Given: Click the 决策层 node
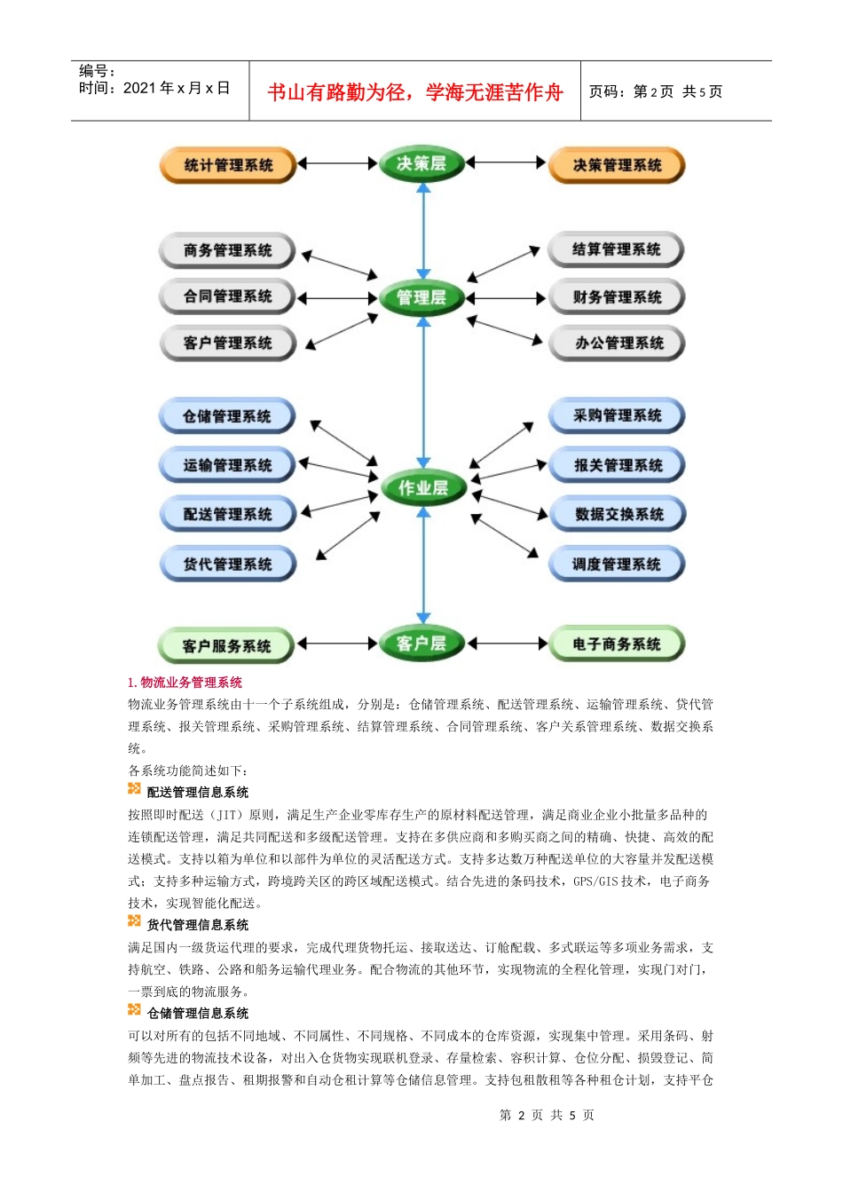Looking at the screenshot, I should pyautogui.click(x=421, y=163).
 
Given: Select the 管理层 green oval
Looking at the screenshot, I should pyautogui.click(x=421, y=297).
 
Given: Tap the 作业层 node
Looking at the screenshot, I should pyautogui.click(x=423, y=487).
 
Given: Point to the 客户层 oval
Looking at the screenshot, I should pyautogui.click(x=421, y=644).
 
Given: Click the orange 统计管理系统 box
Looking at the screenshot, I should pyautogui.click(x=228, y=165).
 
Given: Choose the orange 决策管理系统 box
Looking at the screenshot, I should pyautogui.click(x=617, y=165).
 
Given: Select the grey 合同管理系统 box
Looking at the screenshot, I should pyautogui.click(x=227, y=296).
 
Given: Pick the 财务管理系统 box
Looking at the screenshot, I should pyautogui.click(x=617, y=296).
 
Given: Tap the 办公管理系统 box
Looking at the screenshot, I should pyautogui.click(x=618, y=343).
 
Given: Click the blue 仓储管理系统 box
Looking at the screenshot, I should pyautogui.click(x=227, y=416).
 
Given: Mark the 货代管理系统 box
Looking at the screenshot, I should pyautogui.click(x=227, y=564).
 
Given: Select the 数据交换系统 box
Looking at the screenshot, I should pyautogui.click(x=618, y=514).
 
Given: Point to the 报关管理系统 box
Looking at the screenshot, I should pyautogui.click(x=618, y=465).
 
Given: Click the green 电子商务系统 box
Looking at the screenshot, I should pyautogui.click(x=617, y=644).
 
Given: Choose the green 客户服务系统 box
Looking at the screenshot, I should pyautogui.click(x=226, y=645).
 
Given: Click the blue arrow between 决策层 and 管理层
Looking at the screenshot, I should pyautogui.click(x=423, y=231).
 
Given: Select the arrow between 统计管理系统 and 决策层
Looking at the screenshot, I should pyautogui.click(x=337, y=163).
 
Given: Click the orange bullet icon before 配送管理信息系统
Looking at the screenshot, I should pyautogui.click(x=134, y=788).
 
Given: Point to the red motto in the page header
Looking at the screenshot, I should pyautogui.click(x=414, y=92).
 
